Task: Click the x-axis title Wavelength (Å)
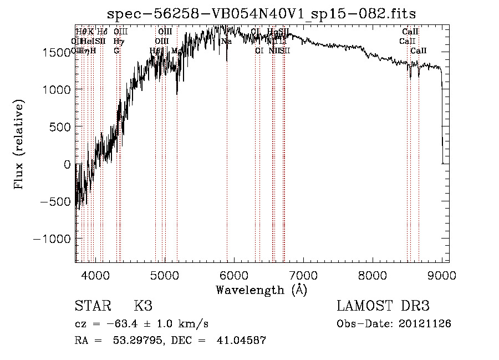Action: [261, 290]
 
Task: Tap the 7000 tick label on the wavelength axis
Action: [303, 274]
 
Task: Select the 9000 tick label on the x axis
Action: [441, 274]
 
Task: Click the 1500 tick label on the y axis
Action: [56, 52]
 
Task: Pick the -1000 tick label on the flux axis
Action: [52, 239]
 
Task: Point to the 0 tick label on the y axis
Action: [67, 164]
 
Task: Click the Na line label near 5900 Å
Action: [226, 41]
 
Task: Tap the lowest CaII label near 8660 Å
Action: [419, 50]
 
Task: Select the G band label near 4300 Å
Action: [116, 50]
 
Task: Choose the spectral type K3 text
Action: [143, 307]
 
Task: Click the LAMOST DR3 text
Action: [383, 307]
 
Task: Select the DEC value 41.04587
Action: [241, 341]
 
